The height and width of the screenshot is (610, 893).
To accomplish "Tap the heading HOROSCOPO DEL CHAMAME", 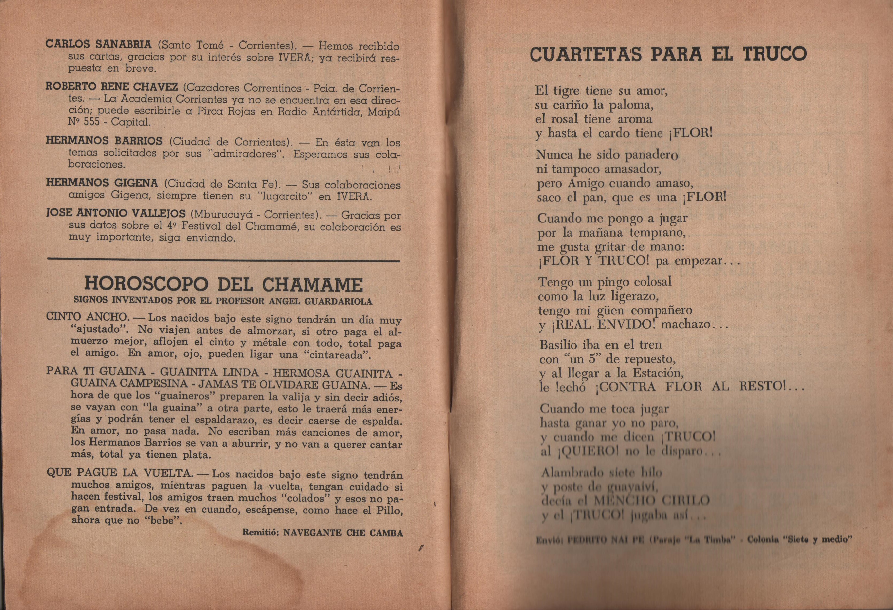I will coord(223,284).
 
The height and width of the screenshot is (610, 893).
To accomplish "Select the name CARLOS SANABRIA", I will coord(98,44).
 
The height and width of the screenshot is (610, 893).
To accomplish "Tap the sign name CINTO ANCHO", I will coord(87,317).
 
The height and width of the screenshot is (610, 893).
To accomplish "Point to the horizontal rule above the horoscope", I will coord(223,261).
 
